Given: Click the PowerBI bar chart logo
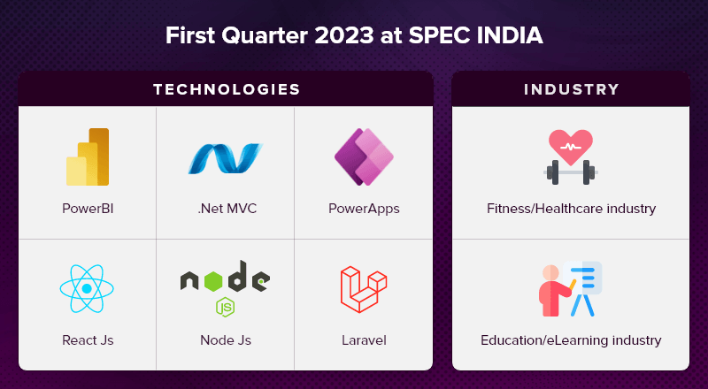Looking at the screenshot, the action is tap(88, 157).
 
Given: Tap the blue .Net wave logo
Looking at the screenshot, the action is tap(226, 158).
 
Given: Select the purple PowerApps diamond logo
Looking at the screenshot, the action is tap(364, 156).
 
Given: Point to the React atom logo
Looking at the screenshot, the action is tap(87, 289).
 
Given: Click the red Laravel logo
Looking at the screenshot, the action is tap(364, 289).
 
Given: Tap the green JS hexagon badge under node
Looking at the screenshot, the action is tap(225, 307).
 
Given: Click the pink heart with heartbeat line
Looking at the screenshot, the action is tap(571, 147).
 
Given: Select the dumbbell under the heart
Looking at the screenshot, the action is tap(571, 172).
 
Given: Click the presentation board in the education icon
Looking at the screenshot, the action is tap(582, 278).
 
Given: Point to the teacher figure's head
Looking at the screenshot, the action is tap(550, 273).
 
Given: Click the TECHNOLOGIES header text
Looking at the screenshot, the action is tap(227, 89).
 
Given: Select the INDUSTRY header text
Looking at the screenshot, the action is tap(571, 89).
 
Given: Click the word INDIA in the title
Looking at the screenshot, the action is tap(510, 35).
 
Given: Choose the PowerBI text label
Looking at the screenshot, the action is tap(88, 209).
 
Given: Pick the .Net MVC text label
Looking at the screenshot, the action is tap(227, 209).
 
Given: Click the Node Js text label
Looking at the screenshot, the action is tap(226, 339).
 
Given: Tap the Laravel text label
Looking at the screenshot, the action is tap(364, 339).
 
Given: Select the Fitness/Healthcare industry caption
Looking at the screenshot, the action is tap(571, 209).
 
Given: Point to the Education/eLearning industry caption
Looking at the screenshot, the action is tap(571, 339).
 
